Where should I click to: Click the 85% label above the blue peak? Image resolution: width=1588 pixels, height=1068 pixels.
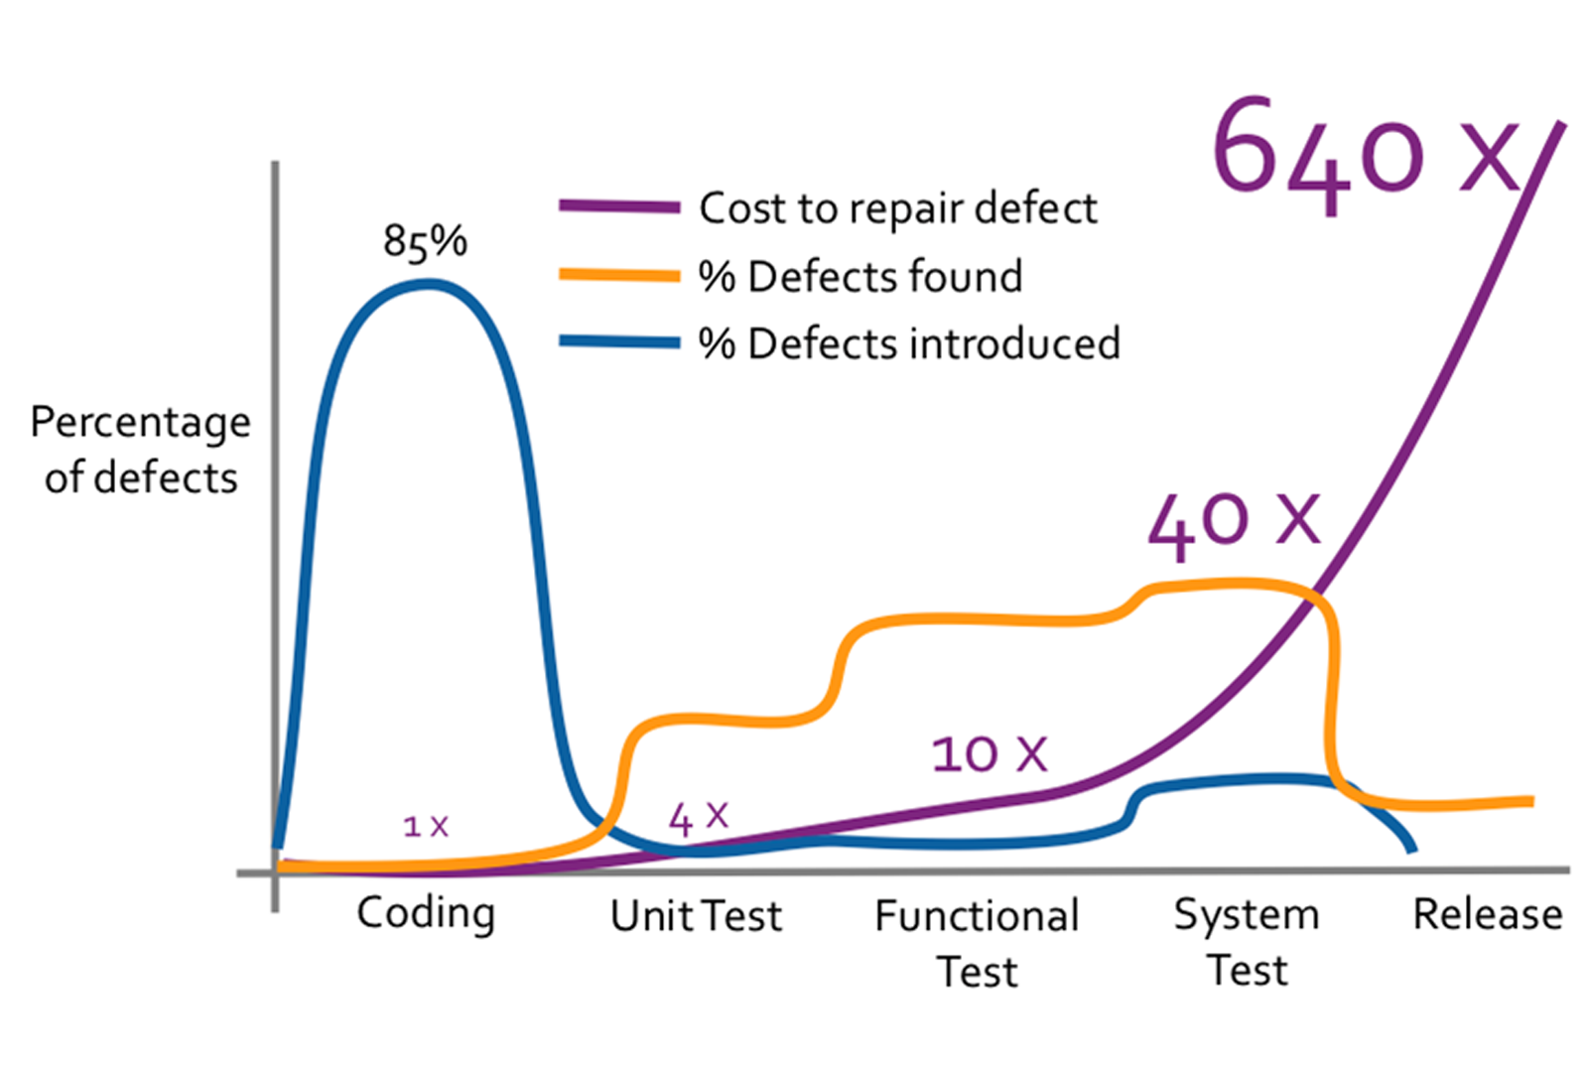(x=425, y=241)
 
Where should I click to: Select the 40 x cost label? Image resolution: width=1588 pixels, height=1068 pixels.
(x=1234, y=522)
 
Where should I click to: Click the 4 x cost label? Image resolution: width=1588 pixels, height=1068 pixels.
(x=699, y=818)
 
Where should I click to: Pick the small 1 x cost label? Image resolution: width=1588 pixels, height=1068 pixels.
(x=426, y=825)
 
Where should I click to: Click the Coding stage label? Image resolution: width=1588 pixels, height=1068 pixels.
(x=426, y=913)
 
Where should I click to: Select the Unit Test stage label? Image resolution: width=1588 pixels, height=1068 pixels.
(x=696, y=915)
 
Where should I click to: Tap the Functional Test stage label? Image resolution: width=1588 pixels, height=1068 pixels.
(x=977, y=943)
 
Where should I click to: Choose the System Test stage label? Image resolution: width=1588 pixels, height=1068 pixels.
(x=1247, y=941)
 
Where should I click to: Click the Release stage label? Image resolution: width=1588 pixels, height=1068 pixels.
(x=1487, y=914)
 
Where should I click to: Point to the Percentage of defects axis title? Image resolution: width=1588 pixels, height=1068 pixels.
(x=140, y=450)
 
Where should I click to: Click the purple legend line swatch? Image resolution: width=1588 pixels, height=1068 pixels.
(x=619, y=207)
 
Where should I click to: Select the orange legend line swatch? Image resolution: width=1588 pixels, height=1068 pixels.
(x=619, y=275)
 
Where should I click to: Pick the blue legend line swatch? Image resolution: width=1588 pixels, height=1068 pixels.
(x=619, y=342)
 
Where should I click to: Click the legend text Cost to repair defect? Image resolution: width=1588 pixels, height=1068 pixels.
(x=898, y=208)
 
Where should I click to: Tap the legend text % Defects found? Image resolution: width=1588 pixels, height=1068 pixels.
(x=860, y=276)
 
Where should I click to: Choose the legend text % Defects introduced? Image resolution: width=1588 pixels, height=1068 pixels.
(x=909, y=343)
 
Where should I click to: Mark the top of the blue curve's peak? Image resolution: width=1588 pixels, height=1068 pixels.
(x=427, y=284)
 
